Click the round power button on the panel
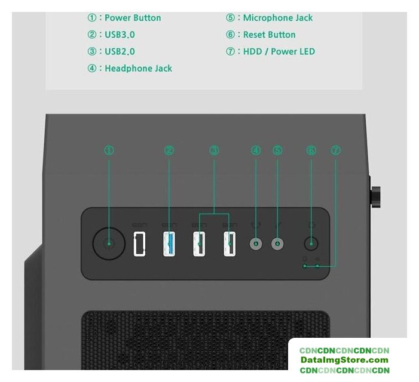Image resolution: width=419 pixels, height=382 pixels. [109, 244]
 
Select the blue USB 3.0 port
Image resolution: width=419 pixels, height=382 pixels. [169, 244]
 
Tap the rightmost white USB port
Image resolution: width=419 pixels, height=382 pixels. [230, 244]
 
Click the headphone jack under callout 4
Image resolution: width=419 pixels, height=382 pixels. [256, 244]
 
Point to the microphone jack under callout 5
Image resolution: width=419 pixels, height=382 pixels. [277, 244]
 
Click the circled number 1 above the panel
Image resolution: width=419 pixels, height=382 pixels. [109, 150]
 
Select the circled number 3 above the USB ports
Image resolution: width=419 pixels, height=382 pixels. [215, 150]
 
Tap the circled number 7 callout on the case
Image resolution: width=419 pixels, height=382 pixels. [335, 150]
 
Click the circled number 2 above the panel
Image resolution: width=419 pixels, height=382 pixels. [169, 150]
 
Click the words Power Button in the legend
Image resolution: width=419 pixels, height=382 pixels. [133, 18]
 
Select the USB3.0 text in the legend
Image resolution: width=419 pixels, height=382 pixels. [120, 35]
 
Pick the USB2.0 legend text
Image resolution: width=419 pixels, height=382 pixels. [120, 51]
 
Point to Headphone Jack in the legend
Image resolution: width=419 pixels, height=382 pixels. [138, 68]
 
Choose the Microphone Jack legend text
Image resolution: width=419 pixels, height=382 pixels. [277, 18]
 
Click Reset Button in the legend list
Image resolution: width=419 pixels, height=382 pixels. [269, 35]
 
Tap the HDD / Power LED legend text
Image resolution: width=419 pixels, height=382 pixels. [279, 51]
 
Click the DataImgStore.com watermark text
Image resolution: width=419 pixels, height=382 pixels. [344, 360]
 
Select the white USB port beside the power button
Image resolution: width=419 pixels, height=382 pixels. [139, 244]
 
